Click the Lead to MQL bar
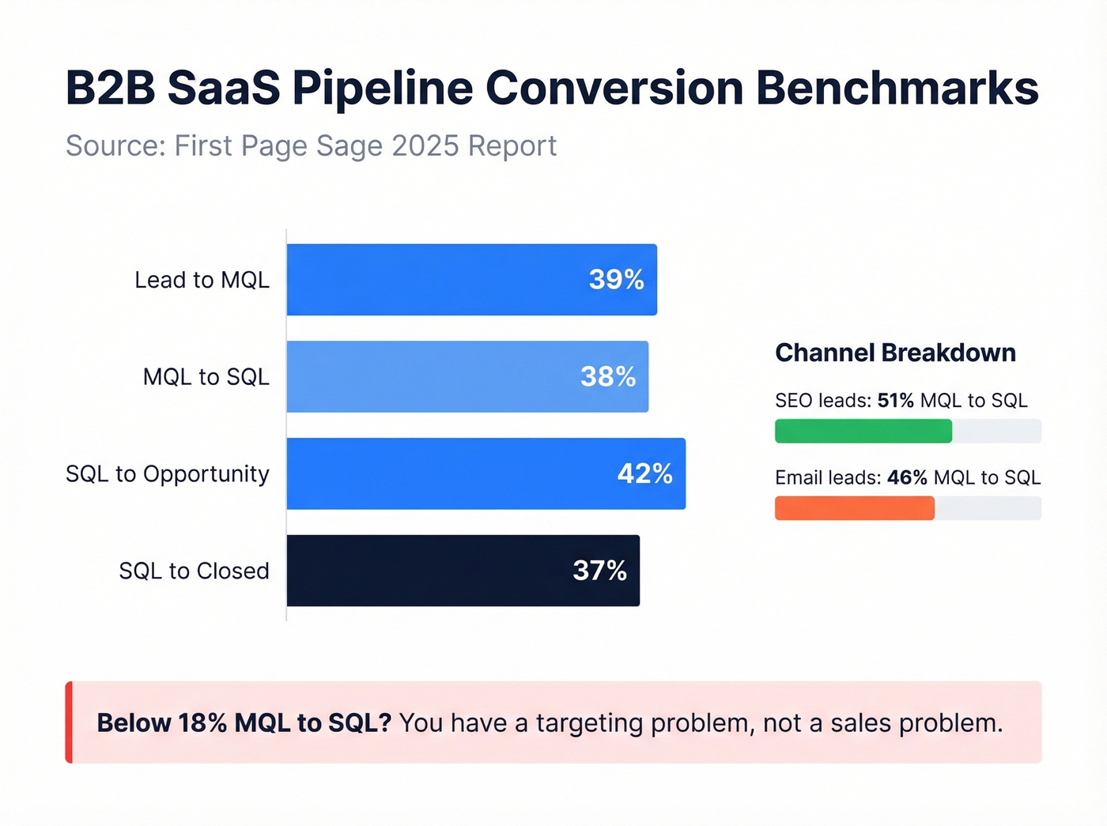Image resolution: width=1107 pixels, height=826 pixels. pyautogui.click(x=471, y=280)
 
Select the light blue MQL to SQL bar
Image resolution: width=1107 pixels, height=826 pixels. pyautogui.click(x=467, y=377)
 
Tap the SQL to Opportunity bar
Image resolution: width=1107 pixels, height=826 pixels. pyautogui.click(x=485, y=473)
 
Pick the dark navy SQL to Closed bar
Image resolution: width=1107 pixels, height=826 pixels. pyautogui.click(x=463, y=571)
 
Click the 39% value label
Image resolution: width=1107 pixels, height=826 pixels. pyautogui.click(x=616, y=280)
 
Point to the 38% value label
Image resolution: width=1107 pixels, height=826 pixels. pyautogui.click(x=607, y=377)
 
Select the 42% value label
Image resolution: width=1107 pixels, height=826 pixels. pyautogui.click(x=644, y=473)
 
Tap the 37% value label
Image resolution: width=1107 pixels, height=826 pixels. pyautogui.click(x=599, y=571)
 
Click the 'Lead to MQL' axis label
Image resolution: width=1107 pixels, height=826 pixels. pyautogui.click(x=202, y=280)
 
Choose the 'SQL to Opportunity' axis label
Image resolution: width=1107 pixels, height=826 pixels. pyautogui.click(x=168, y=473)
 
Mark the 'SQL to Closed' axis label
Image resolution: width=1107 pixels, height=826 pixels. pyautogui.click(x=194, y=571)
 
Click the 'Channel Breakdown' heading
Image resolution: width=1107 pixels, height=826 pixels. pyautogui.click(x=895, y=353)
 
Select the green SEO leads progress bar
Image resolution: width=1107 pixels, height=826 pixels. pyautogui.click(x=863, y=432)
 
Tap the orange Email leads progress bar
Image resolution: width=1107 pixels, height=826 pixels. pyautogui.click(x=854, y=508)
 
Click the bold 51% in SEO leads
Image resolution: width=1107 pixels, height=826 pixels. pyautogui.click(x=895, y=401)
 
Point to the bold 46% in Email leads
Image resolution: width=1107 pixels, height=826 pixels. pyautogui.click(x=907, y=478)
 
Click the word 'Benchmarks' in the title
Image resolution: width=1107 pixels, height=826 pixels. pyautogui.click(x=897, y=88)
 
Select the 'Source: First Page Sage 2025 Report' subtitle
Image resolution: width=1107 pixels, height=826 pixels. pyautogui.click(x=311, y=146)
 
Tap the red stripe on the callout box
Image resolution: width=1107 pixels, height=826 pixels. pyautogui.click(x=69, y=722)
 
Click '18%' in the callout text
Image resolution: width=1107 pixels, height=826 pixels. pyautogui.click(x=202, y=723)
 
